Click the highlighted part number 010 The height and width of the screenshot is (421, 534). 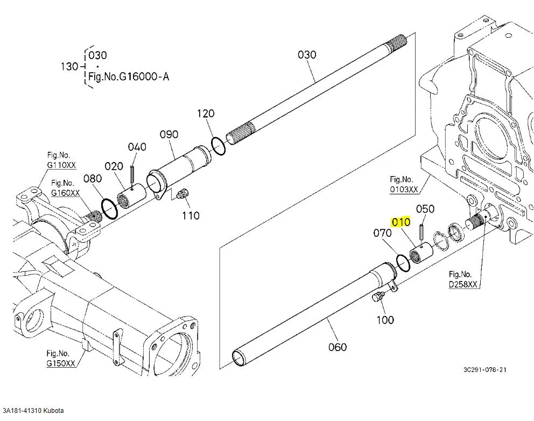click(401, 222)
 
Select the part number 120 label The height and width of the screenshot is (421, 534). click(206, 113)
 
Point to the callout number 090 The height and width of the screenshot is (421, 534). click(169, 134)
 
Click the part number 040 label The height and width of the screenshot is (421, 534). click(137, 147)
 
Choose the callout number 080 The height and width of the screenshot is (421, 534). click(93, 178)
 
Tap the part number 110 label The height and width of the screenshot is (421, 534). click(191, 215)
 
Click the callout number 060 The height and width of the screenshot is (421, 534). click(338, 347)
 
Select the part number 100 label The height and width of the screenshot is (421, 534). click(385, 320)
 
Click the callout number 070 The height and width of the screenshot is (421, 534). click(383, 233)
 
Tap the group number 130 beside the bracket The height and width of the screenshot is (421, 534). click(69, 66)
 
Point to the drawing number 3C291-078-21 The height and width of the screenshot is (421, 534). click(484, 370)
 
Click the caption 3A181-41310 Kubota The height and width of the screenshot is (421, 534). click(33, 411)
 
